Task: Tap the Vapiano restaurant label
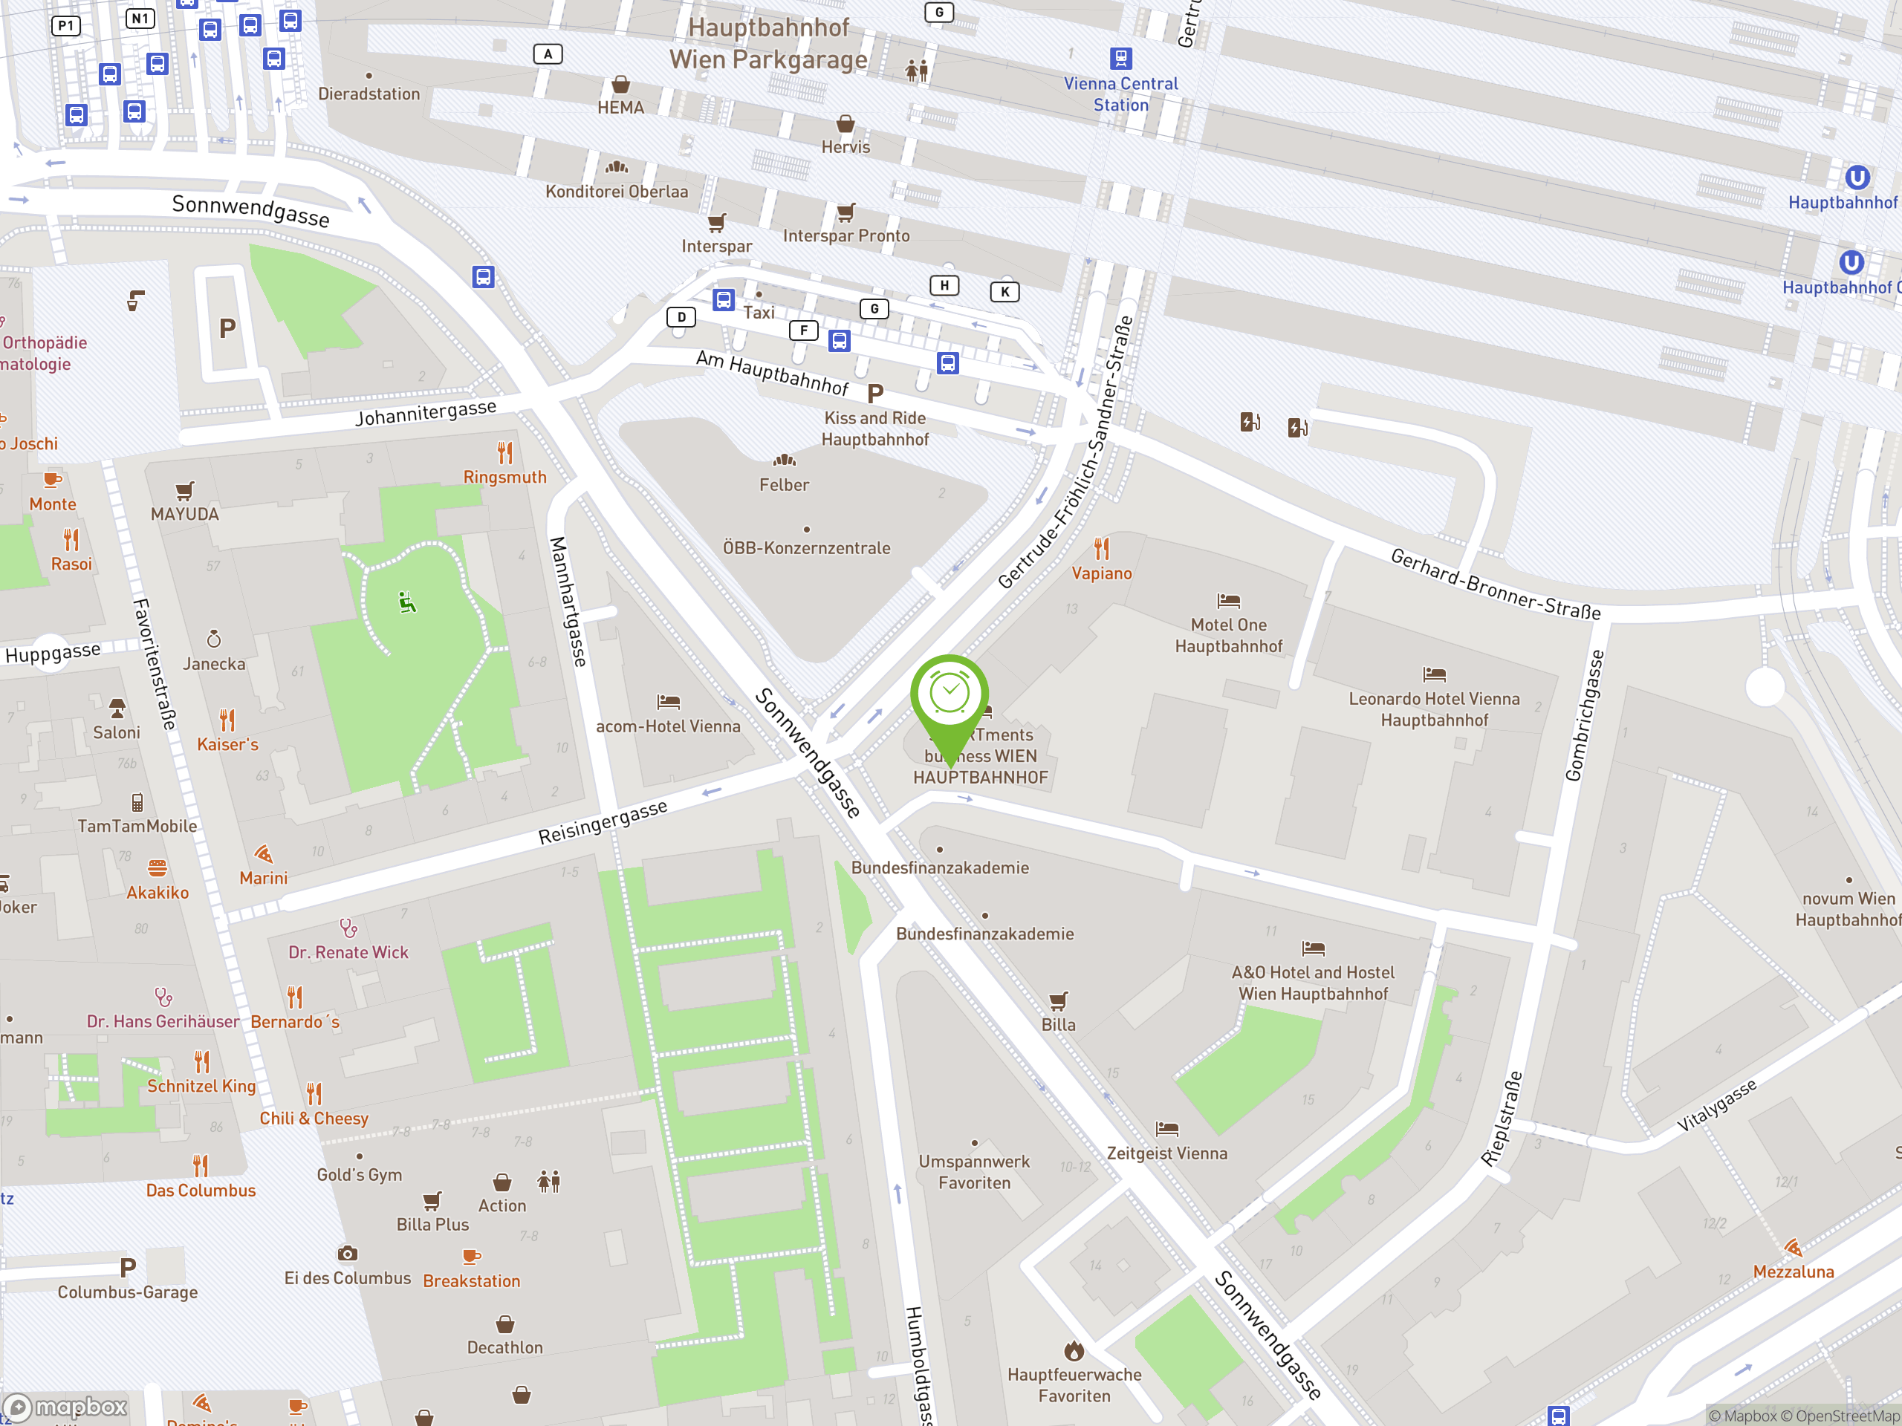(x=1102, y=573)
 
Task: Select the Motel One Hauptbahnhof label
(x=1228, y=635)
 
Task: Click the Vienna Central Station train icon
(x=1120, y=59)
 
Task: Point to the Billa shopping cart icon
(x=1059, y=1000)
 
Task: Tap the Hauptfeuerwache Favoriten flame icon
(x=1074, y=1350)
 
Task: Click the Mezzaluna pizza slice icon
(x=1793, y=1247)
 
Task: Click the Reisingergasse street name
(x=602, y=823)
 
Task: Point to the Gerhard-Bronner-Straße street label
(x=1496, y=585)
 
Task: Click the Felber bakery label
(x=783, y=485)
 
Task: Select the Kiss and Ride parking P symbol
(x=875, y=394)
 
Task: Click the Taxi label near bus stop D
(x=759, y=313)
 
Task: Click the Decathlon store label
(x=504, y=1348)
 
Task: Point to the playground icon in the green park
(x=408, y=602)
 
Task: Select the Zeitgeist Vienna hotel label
(x=1166, y=1153)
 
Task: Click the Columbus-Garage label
(x=127, y=1292)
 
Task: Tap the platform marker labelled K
(x=1004, y=292)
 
